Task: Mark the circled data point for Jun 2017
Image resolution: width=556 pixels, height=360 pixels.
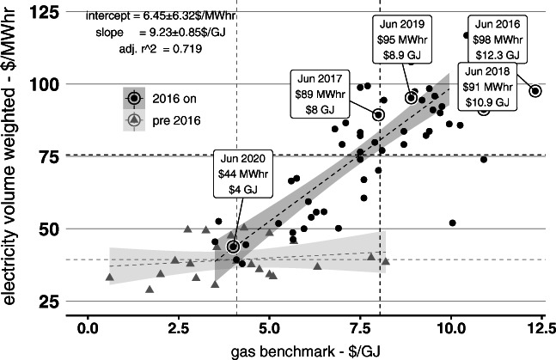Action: click(x=378, y=114)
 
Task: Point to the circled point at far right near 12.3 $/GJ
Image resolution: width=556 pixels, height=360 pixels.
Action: click(x=535, y=91)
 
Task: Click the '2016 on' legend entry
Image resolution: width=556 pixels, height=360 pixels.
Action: click(x=162, y=98)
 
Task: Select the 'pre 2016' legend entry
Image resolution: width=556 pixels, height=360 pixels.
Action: click(x=162, y=121)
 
